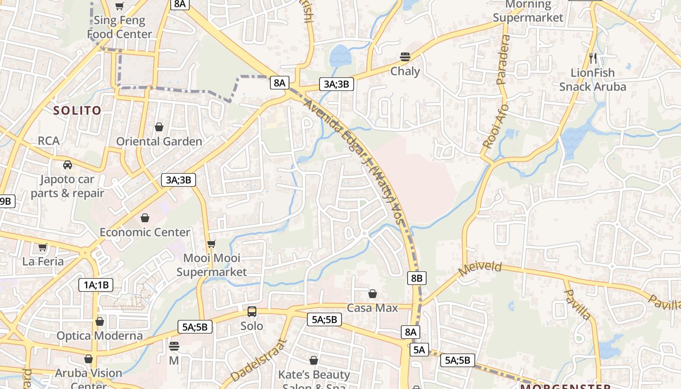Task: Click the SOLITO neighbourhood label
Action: coord(77,110)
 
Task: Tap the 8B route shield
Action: coord(416,278)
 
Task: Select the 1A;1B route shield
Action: coord(96,285)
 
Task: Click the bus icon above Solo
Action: coord(252,312)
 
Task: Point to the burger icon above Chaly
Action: coord(405,56)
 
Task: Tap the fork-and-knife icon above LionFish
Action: coord(592,58)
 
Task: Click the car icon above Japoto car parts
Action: coord(68,164)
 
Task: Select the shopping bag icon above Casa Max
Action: coord(372,294)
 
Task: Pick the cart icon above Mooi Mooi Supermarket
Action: coord(211,244)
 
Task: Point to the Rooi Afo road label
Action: coord(496,126)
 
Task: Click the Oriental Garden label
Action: coord(159,141)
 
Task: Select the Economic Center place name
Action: coord(144,232)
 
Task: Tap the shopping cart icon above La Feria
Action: coord(43,247)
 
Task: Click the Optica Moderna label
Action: coord(99,336)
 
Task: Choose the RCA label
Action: coord(49,141)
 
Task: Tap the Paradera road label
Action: coord(504,59)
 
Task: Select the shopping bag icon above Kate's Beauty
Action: coord(314,360)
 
